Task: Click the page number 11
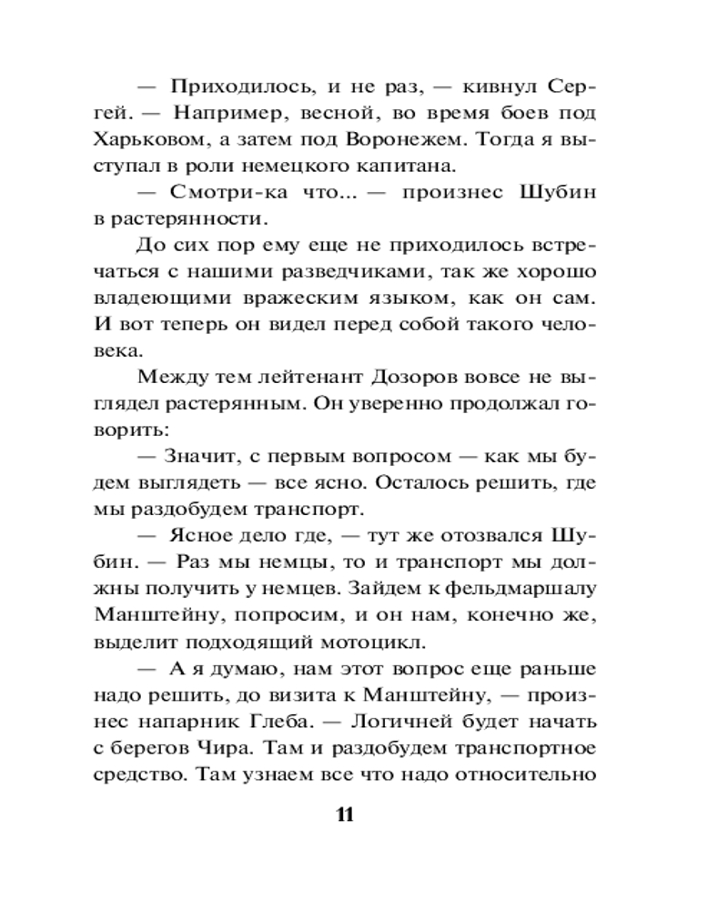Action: click(x=343, y=814)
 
